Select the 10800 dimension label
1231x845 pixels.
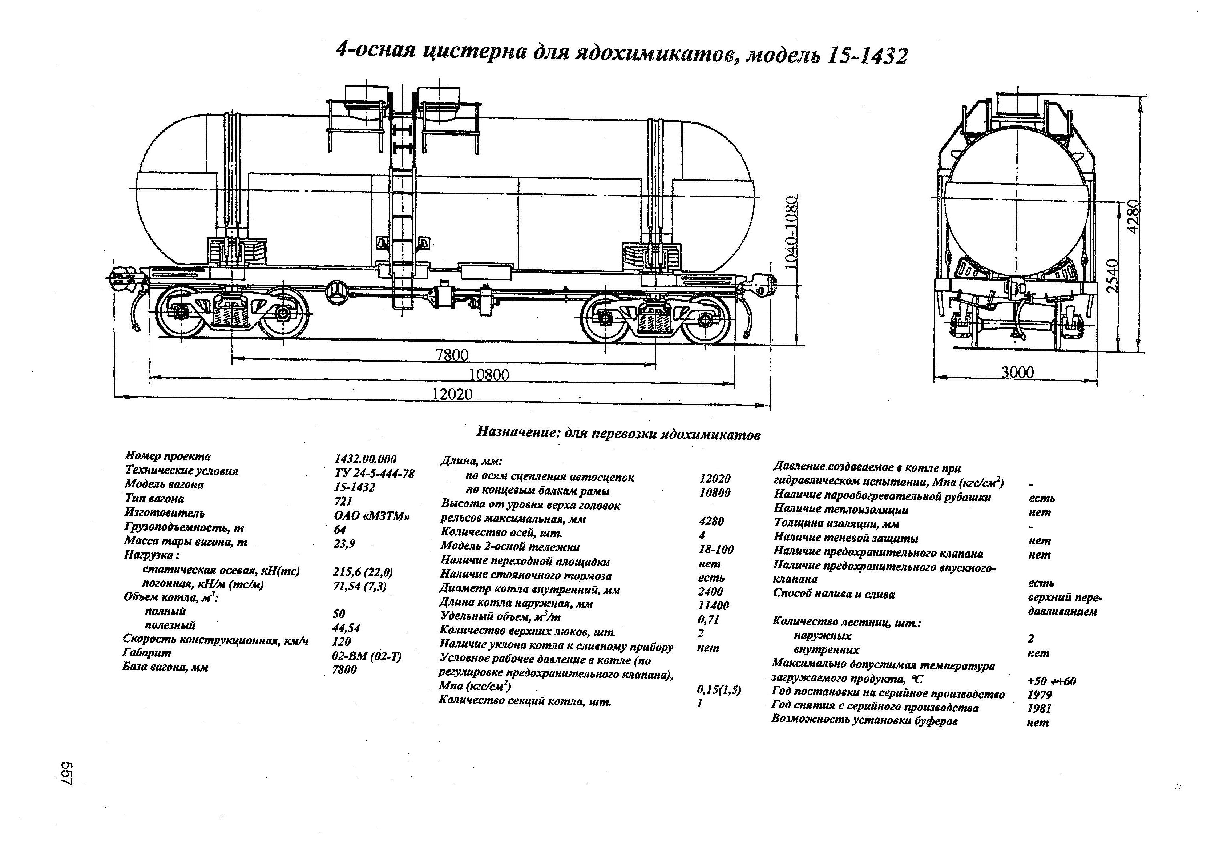[x=489, y=375]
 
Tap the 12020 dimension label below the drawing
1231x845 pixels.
[x=452, y=394]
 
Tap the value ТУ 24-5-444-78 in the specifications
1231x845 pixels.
[x=374, y=473]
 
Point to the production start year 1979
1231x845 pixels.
[x=1039, y=695]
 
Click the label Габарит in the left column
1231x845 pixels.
[x=147, y=653]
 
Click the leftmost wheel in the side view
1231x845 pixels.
[x=180, y=313]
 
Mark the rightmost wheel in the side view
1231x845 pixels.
[x=705, y=319]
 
